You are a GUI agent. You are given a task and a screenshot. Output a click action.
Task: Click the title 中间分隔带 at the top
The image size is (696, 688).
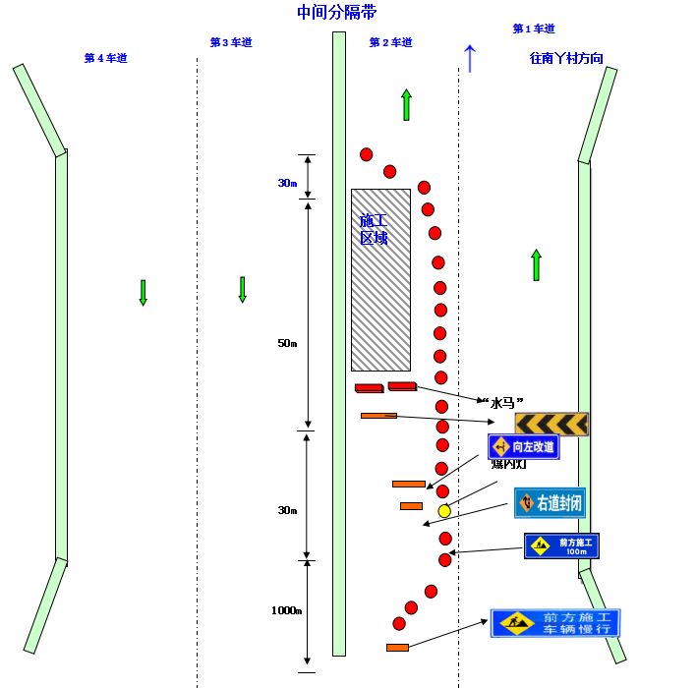336,13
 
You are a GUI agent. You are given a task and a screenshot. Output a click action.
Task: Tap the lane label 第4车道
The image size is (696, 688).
105,59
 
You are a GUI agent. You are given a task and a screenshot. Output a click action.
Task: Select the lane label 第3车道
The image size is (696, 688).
231,42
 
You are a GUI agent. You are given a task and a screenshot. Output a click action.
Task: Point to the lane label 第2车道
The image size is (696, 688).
390,43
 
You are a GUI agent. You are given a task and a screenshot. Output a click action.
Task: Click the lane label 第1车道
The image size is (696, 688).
534,29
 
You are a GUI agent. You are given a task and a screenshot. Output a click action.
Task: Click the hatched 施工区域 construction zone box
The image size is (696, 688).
380,280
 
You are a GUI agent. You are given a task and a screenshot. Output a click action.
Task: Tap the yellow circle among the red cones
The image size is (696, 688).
444,511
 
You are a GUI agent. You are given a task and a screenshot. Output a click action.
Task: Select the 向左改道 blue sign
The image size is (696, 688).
524,447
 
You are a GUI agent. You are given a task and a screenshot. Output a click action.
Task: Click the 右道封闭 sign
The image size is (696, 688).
551,503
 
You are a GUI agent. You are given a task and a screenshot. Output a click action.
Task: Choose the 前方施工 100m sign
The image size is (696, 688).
561,545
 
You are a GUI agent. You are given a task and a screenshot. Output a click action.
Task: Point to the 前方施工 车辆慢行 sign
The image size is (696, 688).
555,623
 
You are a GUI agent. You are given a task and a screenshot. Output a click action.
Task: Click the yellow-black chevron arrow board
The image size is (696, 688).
551,424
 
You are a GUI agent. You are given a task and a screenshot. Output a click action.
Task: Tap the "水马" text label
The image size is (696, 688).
500,401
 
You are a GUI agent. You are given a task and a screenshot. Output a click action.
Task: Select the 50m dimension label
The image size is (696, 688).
287,343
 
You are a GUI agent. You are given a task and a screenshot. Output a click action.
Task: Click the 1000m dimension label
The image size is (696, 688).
286,610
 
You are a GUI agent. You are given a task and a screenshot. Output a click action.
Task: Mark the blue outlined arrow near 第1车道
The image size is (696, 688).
470,59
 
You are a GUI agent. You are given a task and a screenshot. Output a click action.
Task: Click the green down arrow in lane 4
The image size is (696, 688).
143,292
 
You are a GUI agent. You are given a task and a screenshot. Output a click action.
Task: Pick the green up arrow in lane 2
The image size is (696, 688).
406,104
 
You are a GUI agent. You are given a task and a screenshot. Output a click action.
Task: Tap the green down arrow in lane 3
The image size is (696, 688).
242,289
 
